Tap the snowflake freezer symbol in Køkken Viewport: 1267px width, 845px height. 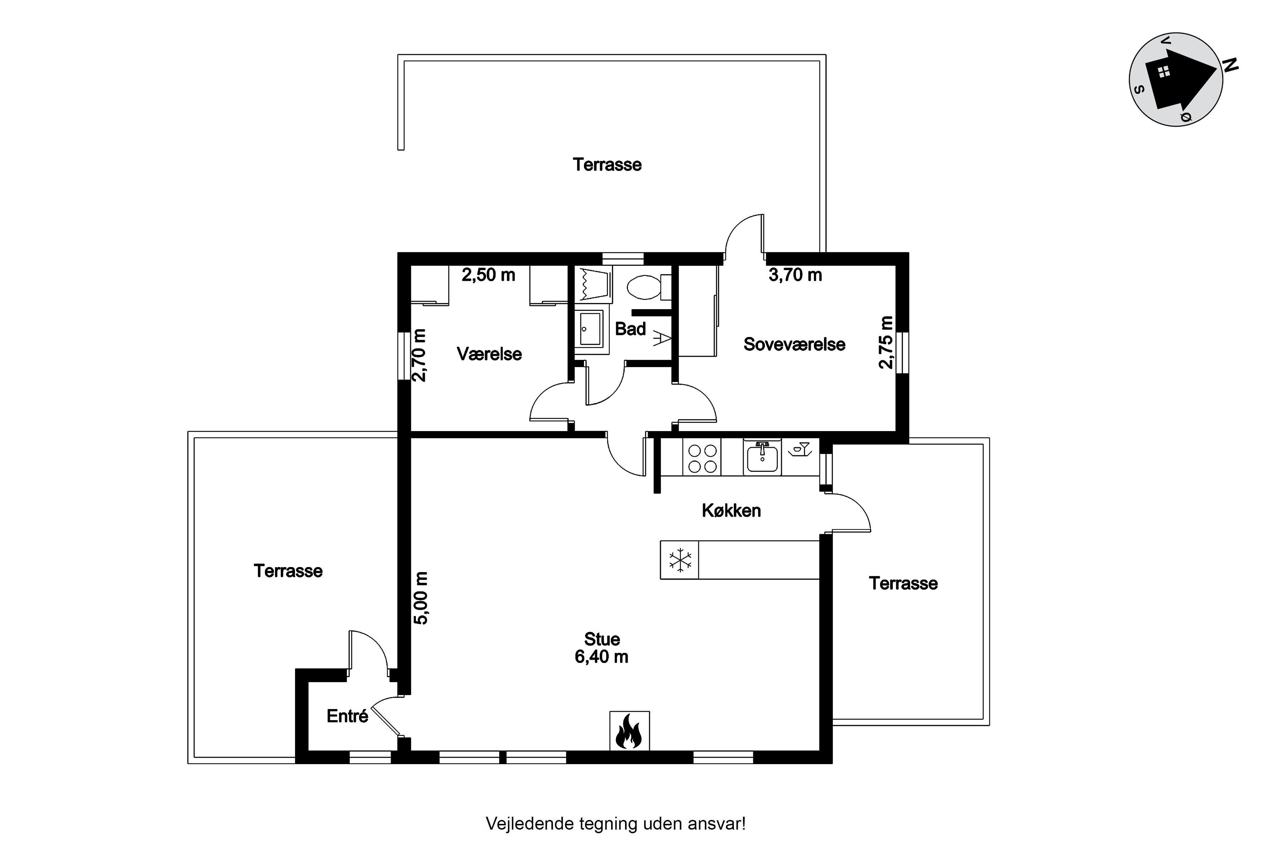pos(681,560)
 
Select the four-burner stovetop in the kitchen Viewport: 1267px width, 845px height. pos(702,458)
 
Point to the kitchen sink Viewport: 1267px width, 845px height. pos(762,457)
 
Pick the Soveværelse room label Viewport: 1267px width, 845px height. pos(795,345)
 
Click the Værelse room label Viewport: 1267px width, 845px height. pos(489,354)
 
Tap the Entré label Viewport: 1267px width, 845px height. pos(348,716)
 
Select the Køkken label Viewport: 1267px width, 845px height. pos(731,511)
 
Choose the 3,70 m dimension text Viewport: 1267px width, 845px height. pos(795,275)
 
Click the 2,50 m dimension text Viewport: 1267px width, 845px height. pos(488,275)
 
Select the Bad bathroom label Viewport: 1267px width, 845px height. pos(630,329)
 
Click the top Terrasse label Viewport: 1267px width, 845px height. pos(607,165)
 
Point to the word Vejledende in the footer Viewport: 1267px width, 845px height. pos(530,824)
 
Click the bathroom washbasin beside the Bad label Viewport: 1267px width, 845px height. pos(590,329)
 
